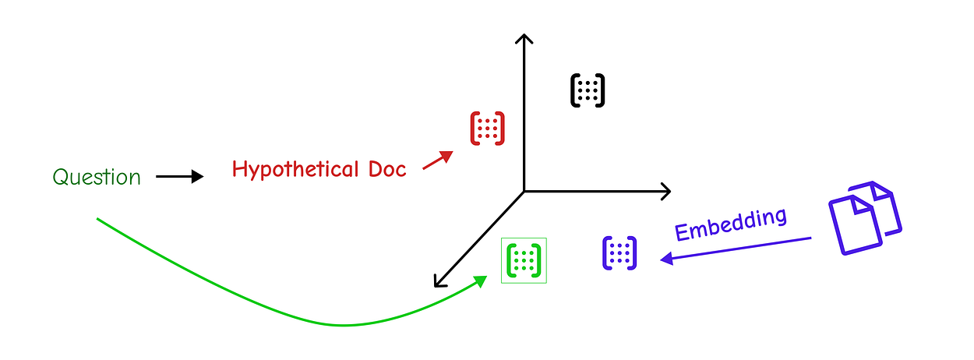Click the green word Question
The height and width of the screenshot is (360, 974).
pyautogui.click(x=97, y=178)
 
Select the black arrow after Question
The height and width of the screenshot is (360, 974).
pyautogui.click(x=179, y=177)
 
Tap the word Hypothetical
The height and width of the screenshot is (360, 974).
pyautogui.click(x=295, y=170)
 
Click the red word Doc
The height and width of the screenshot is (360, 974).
pyautogui.click(x=387, y=169)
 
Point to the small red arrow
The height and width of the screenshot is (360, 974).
pyautogui.click(x=438, y=160)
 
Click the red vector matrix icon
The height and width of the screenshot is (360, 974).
pyautogui.click(x=488, y=129)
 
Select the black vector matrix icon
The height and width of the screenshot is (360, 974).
pyautogui.click(x=588, y=90)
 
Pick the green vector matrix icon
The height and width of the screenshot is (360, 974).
pyautogui.click(x=524, y=260)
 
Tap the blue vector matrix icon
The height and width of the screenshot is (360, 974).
pyautogui.click(x=619, y=253)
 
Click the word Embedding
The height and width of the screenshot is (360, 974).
pyautogui.click(x=731, y=224)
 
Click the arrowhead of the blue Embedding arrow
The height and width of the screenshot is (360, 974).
pyautogui.click(x=667, y=259)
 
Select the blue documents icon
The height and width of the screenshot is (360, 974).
pyautogui.click(x=865, y=218)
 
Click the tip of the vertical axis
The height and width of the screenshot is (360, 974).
pyautogui.click(x=524, y=34)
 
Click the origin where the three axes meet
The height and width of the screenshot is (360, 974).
pyautogui.click(x=524, y=192)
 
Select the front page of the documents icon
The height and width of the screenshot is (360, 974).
pyautogui.click(x=856, y=224)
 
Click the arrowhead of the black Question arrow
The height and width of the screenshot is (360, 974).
pyautogui.click(x=198, y=177)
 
